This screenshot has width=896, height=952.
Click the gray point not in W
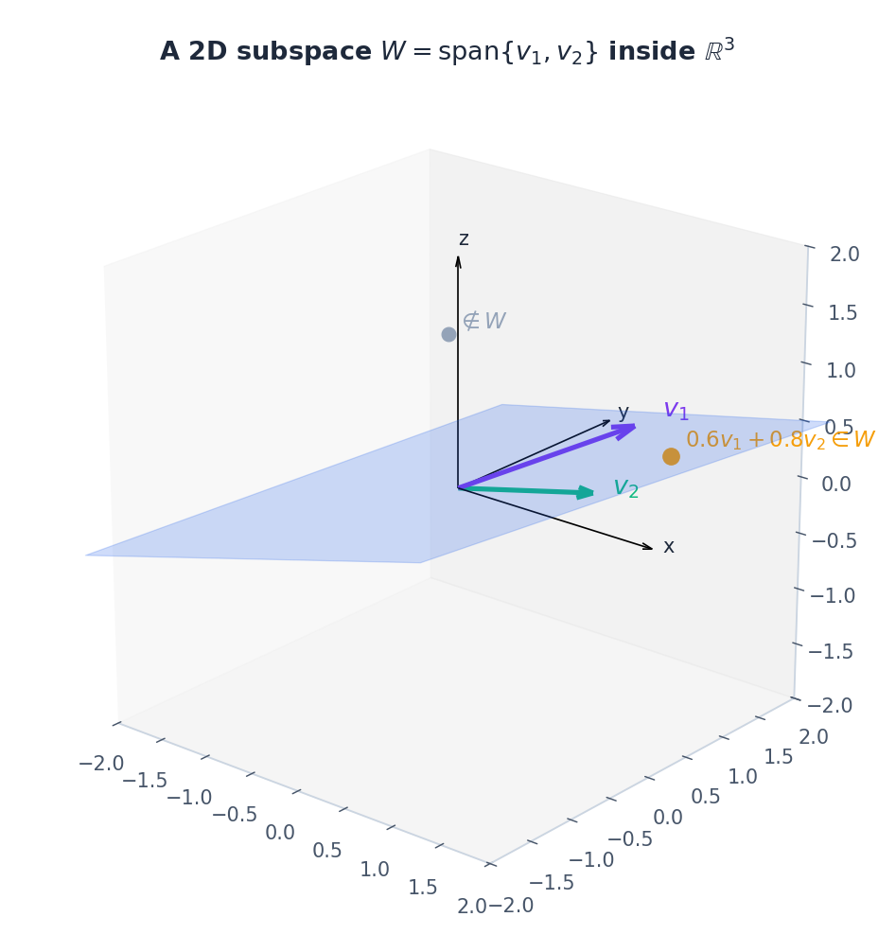(448, 334)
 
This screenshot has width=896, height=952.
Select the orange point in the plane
(671, 456)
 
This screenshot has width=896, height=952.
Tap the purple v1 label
(676, 410)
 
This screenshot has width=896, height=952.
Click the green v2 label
(625, 487)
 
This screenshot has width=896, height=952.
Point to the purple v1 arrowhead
(625, 431)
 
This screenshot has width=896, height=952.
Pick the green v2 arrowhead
(586, 492)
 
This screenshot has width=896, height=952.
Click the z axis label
(464, 238)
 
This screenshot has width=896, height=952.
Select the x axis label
(668, 546)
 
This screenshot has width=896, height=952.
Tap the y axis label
(623, 413)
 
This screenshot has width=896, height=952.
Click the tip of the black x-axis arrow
(653, 549)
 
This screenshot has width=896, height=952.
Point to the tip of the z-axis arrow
(458, 256)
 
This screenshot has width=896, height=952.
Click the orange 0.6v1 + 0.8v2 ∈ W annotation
(780, 440)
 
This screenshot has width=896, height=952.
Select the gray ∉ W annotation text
(483, 321)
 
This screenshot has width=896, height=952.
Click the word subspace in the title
(304, 52)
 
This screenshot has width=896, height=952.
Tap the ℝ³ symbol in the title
(719, 48)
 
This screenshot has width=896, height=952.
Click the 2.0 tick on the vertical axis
(844, 254)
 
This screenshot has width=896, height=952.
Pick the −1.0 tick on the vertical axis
(833, 595)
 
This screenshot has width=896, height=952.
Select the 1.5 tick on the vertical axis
(843, 312)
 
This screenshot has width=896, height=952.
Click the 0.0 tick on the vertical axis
(835, 484)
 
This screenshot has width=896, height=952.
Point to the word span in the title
(469, 52)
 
